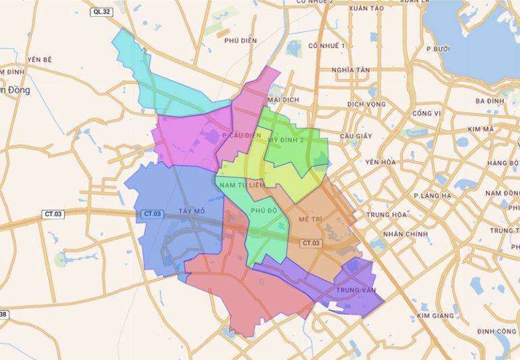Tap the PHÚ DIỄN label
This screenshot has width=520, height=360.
point(240,41)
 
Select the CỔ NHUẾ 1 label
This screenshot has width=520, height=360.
point(326,45)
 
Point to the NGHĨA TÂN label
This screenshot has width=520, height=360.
point(351,70)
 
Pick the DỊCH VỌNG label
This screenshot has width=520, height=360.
point(366,104)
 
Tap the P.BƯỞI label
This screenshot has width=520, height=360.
point(438,49)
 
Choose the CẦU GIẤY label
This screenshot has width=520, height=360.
point(356,136)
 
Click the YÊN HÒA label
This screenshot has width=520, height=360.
point(380,162)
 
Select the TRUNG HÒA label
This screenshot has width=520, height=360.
point(387,215)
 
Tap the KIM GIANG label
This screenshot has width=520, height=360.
point(435,316)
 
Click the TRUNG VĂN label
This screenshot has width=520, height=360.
point(355,290)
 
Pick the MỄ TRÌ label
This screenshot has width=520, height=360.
point(309,221)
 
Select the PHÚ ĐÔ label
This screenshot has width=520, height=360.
point(264,211)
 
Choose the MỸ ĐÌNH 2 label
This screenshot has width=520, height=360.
point(286,139)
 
